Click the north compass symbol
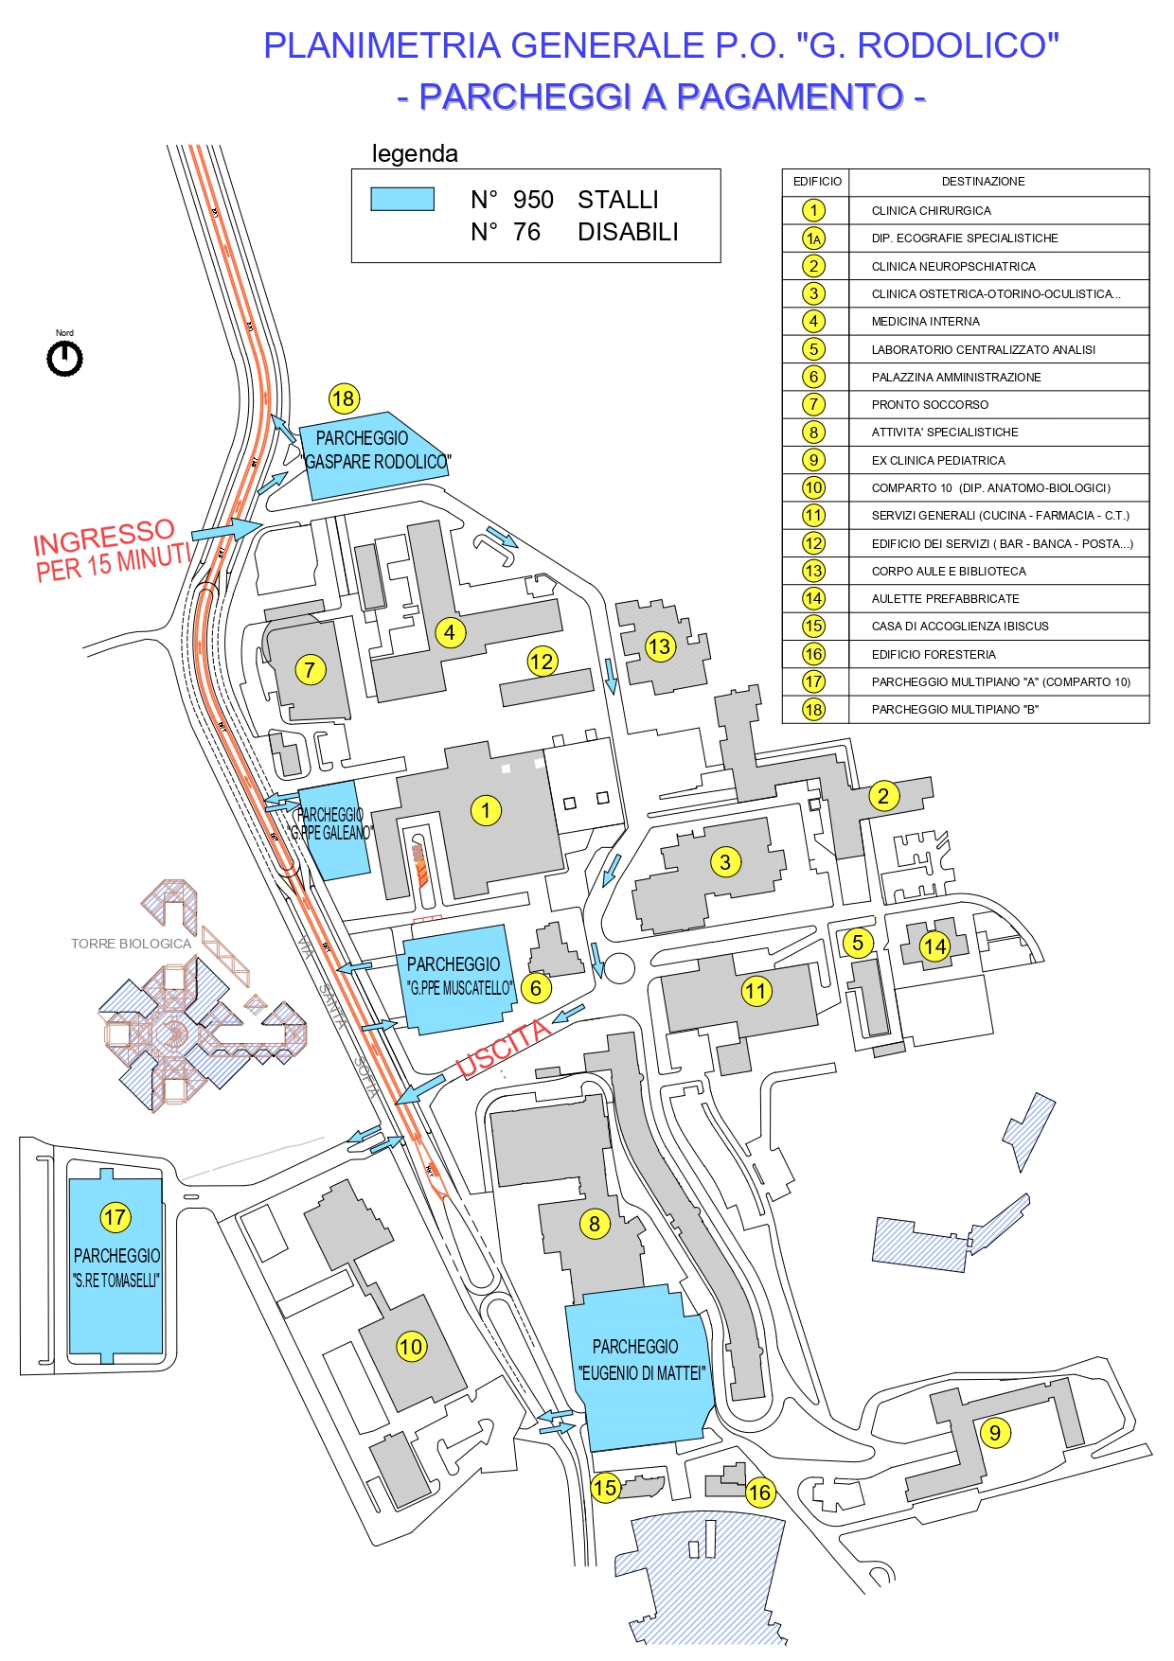coord(64,359)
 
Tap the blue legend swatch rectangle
coord(402,199)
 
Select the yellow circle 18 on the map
coord(343,398)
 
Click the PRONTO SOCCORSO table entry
coord(929,404)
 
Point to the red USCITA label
coord(503,1048)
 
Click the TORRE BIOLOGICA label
coord(131,944)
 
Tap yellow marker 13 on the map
coord(659,646)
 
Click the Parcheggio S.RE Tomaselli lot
coord(116,1268)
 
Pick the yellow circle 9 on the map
coord(994,1432)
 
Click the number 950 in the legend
coord(533,200)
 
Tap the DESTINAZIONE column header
coord(982,181)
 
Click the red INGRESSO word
coord(104,537)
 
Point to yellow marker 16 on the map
coord(759,1493)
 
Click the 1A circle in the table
coord(813,239)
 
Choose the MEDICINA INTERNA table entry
coord(925,321)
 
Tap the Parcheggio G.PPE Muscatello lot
coord(457,980)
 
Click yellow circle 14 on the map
coord(934,945)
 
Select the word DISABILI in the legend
coord(628,232)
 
